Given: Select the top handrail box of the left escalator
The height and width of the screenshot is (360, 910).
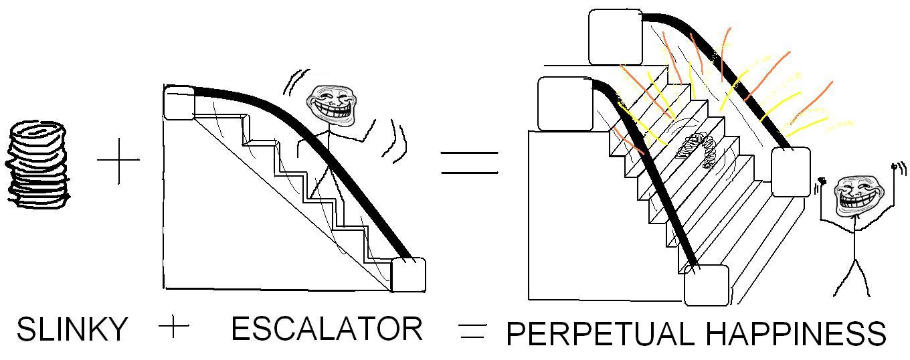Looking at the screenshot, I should pos(179,103).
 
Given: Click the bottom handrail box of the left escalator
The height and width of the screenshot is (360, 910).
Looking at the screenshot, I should pos(408,274).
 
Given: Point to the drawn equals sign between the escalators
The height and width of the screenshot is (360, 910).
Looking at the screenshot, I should pos(469,163).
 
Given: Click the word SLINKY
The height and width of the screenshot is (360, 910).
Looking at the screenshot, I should pos(72,329).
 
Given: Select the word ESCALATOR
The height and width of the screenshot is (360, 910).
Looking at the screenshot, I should pos(327,329).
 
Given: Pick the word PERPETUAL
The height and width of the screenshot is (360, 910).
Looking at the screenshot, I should pos(600,334).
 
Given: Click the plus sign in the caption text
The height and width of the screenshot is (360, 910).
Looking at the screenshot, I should pos(175,327).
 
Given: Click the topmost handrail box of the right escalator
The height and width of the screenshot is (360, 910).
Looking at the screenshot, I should pos(615,37).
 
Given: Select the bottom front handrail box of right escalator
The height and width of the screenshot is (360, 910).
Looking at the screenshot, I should pos(706,285).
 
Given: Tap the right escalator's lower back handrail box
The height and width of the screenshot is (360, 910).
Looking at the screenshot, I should pos(790,172).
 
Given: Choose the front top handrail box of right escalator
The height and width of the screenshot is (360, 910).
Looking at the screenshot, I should pos(565,104).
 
